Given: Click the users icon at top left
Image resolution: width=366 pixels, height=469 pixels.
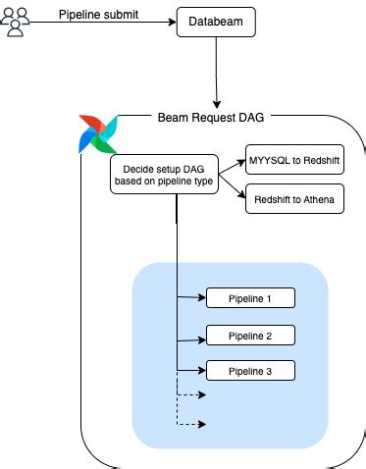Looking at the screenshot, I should pos(16,21).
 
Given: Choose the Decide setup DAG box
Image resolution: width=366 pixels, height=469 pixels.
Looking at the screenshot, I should pos(164,173).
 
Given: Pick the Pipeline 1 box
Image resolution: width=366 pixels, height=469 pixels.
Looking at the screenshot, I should pos(249,297).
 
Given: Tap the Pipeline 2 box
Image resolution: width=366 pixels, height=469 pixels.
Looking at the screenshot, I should pos(249,335).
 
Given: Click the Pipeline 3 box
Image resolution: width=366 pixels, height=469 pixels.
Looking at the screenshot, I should pos(249,371).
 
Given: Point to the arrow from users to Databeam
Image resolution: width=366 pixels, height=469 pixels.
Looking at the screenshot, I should pos(103,23).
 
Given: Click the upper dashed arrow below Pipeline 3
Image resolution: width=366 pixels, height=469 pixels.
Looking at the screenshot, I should pos(191,394).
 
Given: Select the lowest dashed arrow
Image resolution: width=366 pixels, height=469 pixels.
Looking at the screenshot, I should pos(191,424).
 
